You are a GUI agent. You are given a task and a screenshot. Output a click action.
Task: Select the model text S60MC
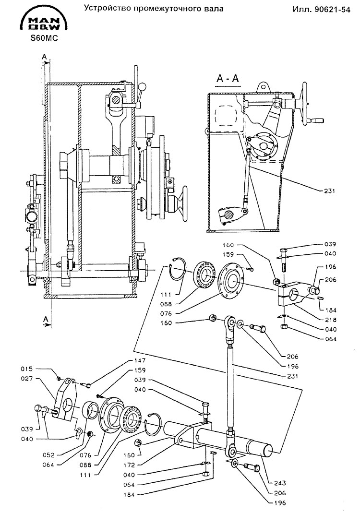(44, 38)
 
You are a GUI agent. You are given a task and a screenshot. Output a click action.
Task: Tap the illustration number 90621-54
(332, 10)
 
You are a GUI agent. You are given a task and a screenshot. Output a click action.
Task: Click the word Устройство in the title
(108, 9)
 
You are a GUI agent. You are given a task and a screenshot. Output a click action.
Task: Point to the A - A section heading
(228, 79)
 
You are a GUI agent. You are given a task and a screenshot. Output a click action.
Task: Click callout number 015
(26, 369)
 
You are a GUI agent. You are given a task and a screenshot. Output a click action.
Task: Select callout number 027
(26, 379)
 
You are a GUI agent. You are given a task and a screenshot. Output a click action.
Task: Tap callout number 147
(140, 360)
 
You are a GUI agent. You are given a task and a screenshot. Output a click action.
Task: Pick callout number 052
(49, 455)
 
